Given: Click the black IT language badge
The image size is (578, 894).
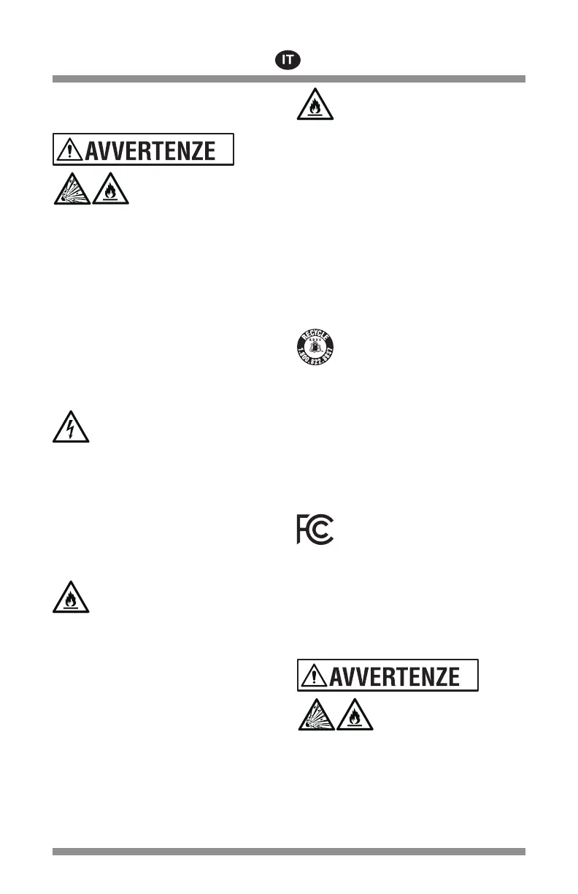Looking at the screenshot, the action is pos(289,60).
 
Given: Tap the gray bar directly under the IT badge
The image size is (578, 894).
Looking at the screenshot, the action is pos(289,79).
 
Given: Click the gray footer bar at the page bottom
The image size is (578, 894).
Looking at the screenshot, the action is pos(289,852).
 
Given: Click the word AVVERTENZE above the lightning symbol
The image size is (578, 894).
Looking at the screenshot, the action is pos(151,150).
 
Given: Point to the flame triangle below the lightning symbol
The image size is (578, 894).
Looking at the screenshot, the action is pos(72,597).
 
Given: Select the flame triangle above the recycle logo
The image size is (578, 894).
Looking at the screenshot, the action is pos(315,104).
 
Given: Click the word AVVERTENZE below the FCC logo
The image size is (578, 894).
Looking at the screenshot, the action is pos(395,676).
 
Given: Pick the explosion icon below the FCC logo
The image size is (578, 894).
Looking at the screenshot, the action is pos(315,716).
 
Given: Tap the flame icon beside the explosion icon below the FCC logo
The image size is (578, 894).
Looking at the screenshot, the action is pos(355,716).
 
